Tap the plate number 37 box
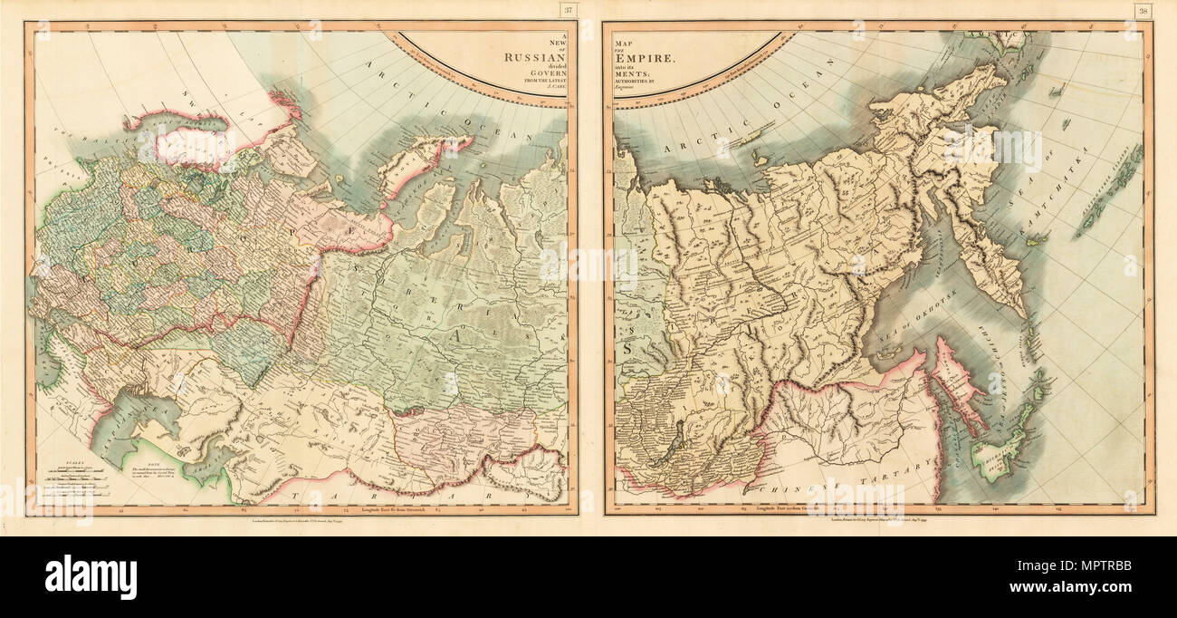568,11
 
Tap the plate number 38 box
1142,11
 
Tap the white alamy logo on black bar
91,576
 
